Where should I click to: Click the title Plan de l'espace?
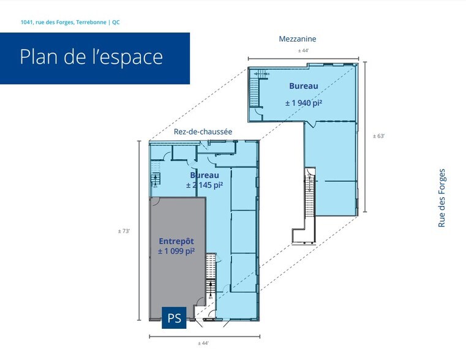pyautogui.click(x=91, y=57)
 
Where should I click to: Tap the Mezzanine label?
pyautogui.click(x=298, y=39)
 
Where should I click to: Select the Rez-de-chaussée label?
pyautogui.click(x=203, y=132)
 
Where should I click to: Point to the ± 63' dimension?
pyautogui.click(x=378, y=136)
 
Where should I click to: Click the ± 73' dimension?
pyautogui.click(x=124, y=231)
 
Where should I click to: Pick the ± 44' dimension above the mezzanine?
pyautogui.click(x=303, y=51)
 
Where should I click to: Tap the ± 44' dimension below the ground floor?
pyautogui.click(x=204, y=343)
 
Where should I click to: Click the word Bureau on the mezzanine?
pyautogui.click(x=303, y=86)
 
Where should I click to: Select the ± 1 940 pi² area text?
pyautogui.click(x=303, y=103)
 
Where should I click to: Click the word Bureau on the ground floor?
pyautogui.click(x=204, y=175)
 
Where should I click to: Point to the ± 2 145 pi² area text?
pyautogui.click(x=204, y=184)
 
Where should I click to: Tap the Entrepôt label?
pyautogui.click(x=176, y=241)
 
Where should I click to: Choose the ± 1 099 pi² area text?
pyautogui.click(x=176, y=251)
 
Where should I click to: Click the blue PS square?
pyautogui.click(x=174, y=318)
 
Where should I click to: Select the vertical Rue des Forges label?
pyautogui.click(x=442, y=198)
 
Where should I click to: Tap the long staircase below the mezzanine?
pyautogui.click(x=309, y=196)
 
